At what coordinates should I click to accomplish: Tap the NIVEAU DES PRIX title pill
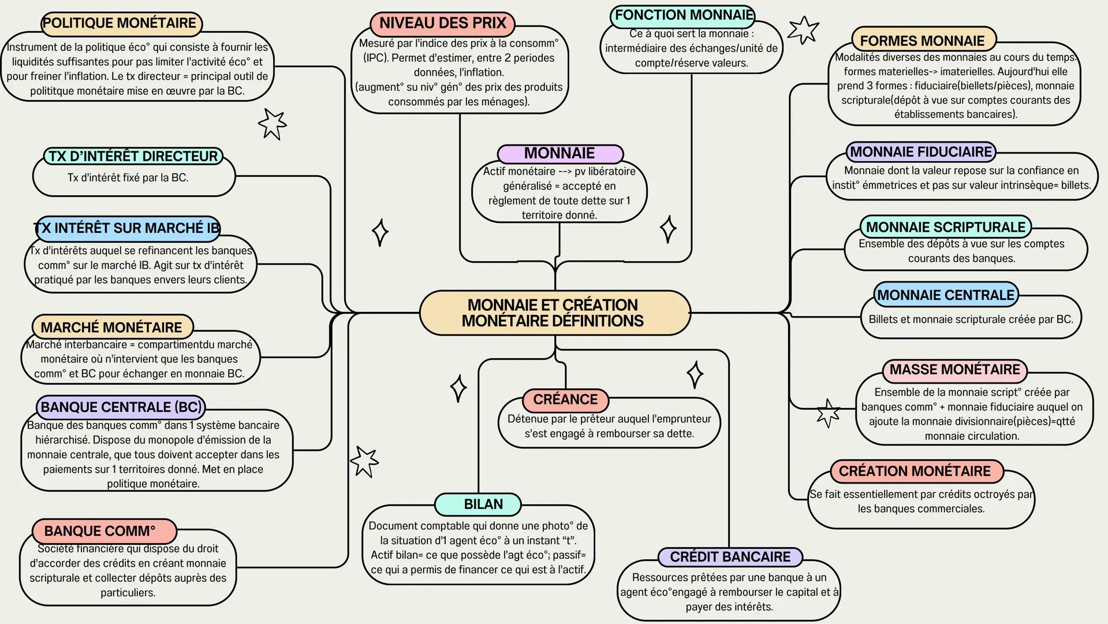(x=442, y=23)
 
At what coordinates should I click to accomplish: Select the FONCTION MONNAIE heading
(x=684, y=15)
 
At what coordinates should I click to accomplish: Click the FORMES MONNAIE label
(x=923, y=40)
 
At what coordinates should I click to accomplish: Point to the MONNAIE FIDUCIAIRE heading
(x=920, y=152)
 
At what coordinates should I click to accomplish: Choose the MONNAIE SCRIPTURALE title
(x=945, y=227)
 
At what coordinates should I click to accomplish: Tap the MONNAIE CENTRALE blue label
(x=945, y=295)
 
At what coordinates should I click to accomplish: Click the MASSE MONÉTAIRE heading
(x=954, y=370)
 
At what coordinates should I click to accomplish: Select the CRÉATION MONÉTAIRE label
(x=915, y=471)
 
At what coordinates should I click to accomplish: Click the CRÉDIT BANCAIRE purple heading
(x=730, y=557)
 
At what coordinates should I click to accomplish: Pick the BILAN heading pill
(x=478, y=504)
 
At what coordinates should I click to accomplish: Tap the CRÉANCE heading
(x=565, y=399)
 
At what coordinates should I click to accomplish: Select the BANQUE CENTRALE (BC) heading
(x=121, y=407)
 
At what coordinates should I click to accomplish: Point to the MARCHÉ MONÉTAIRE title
(x=111, y=327)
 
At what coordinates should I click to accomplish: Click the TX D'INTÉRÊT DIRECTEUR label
(x=133, y=157)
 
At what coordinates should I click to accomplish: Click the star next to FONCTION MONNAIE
(x=803, y=29)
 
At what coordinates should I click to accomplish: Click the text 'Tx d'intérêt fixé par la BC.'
(x=128, y=177)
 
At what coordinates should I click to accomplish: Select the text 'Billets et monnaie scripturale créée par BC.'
(x=971, y=319)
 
